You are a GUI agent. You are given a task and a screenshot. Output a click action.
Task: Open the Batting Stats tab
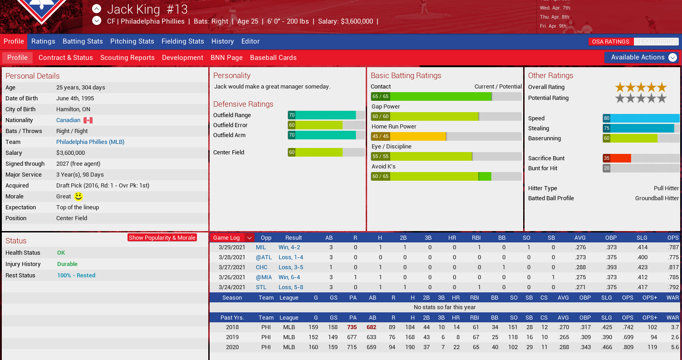pos(83,41)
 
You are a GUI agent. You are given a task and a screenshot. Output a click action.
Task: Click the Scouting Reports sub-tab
pos(127,58)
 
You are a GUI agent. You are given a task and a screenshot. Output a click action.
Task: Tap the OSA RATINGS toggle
pos(611,42)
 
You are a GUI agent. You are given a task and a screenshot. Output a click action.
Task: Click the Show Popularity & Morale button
pos(162,237)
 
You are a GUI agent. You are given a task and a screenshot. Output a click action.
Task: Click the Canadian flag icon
pos(88,120)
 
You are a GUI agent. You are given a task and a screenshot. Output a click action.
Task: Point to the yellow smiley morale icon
pos(79,197)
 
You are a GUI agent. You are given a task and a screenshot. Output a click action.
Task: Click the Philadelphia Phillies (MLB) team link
pos(90,142)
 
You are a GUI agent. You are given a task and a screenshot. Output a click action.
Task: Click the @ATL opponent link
pos(264,257)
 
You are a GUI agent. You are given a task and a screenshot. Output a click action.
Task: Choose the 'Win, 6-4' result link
pos(289,277)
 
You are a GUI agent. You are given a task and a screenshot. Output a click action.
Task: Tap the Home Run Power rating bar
pos(446,136)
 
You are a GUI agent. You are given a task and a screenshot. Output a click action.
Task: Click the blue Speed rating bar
pos(641,118)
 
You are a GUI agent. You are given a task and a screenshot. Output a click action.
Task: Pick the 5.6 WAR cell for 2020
pos(674,347)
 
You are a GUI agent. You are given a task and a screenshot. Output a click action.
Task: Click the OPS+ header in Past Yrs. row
pos(650,318)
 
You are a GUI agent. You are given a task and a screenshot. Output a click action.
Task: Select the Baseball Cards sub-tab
pos(273,58)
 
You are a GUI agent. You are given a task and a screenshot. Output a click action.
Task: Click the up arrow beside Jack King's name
pos(97,9)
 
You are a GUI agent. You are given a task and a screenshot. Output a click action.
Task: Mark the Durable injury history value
pos(67,264)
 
